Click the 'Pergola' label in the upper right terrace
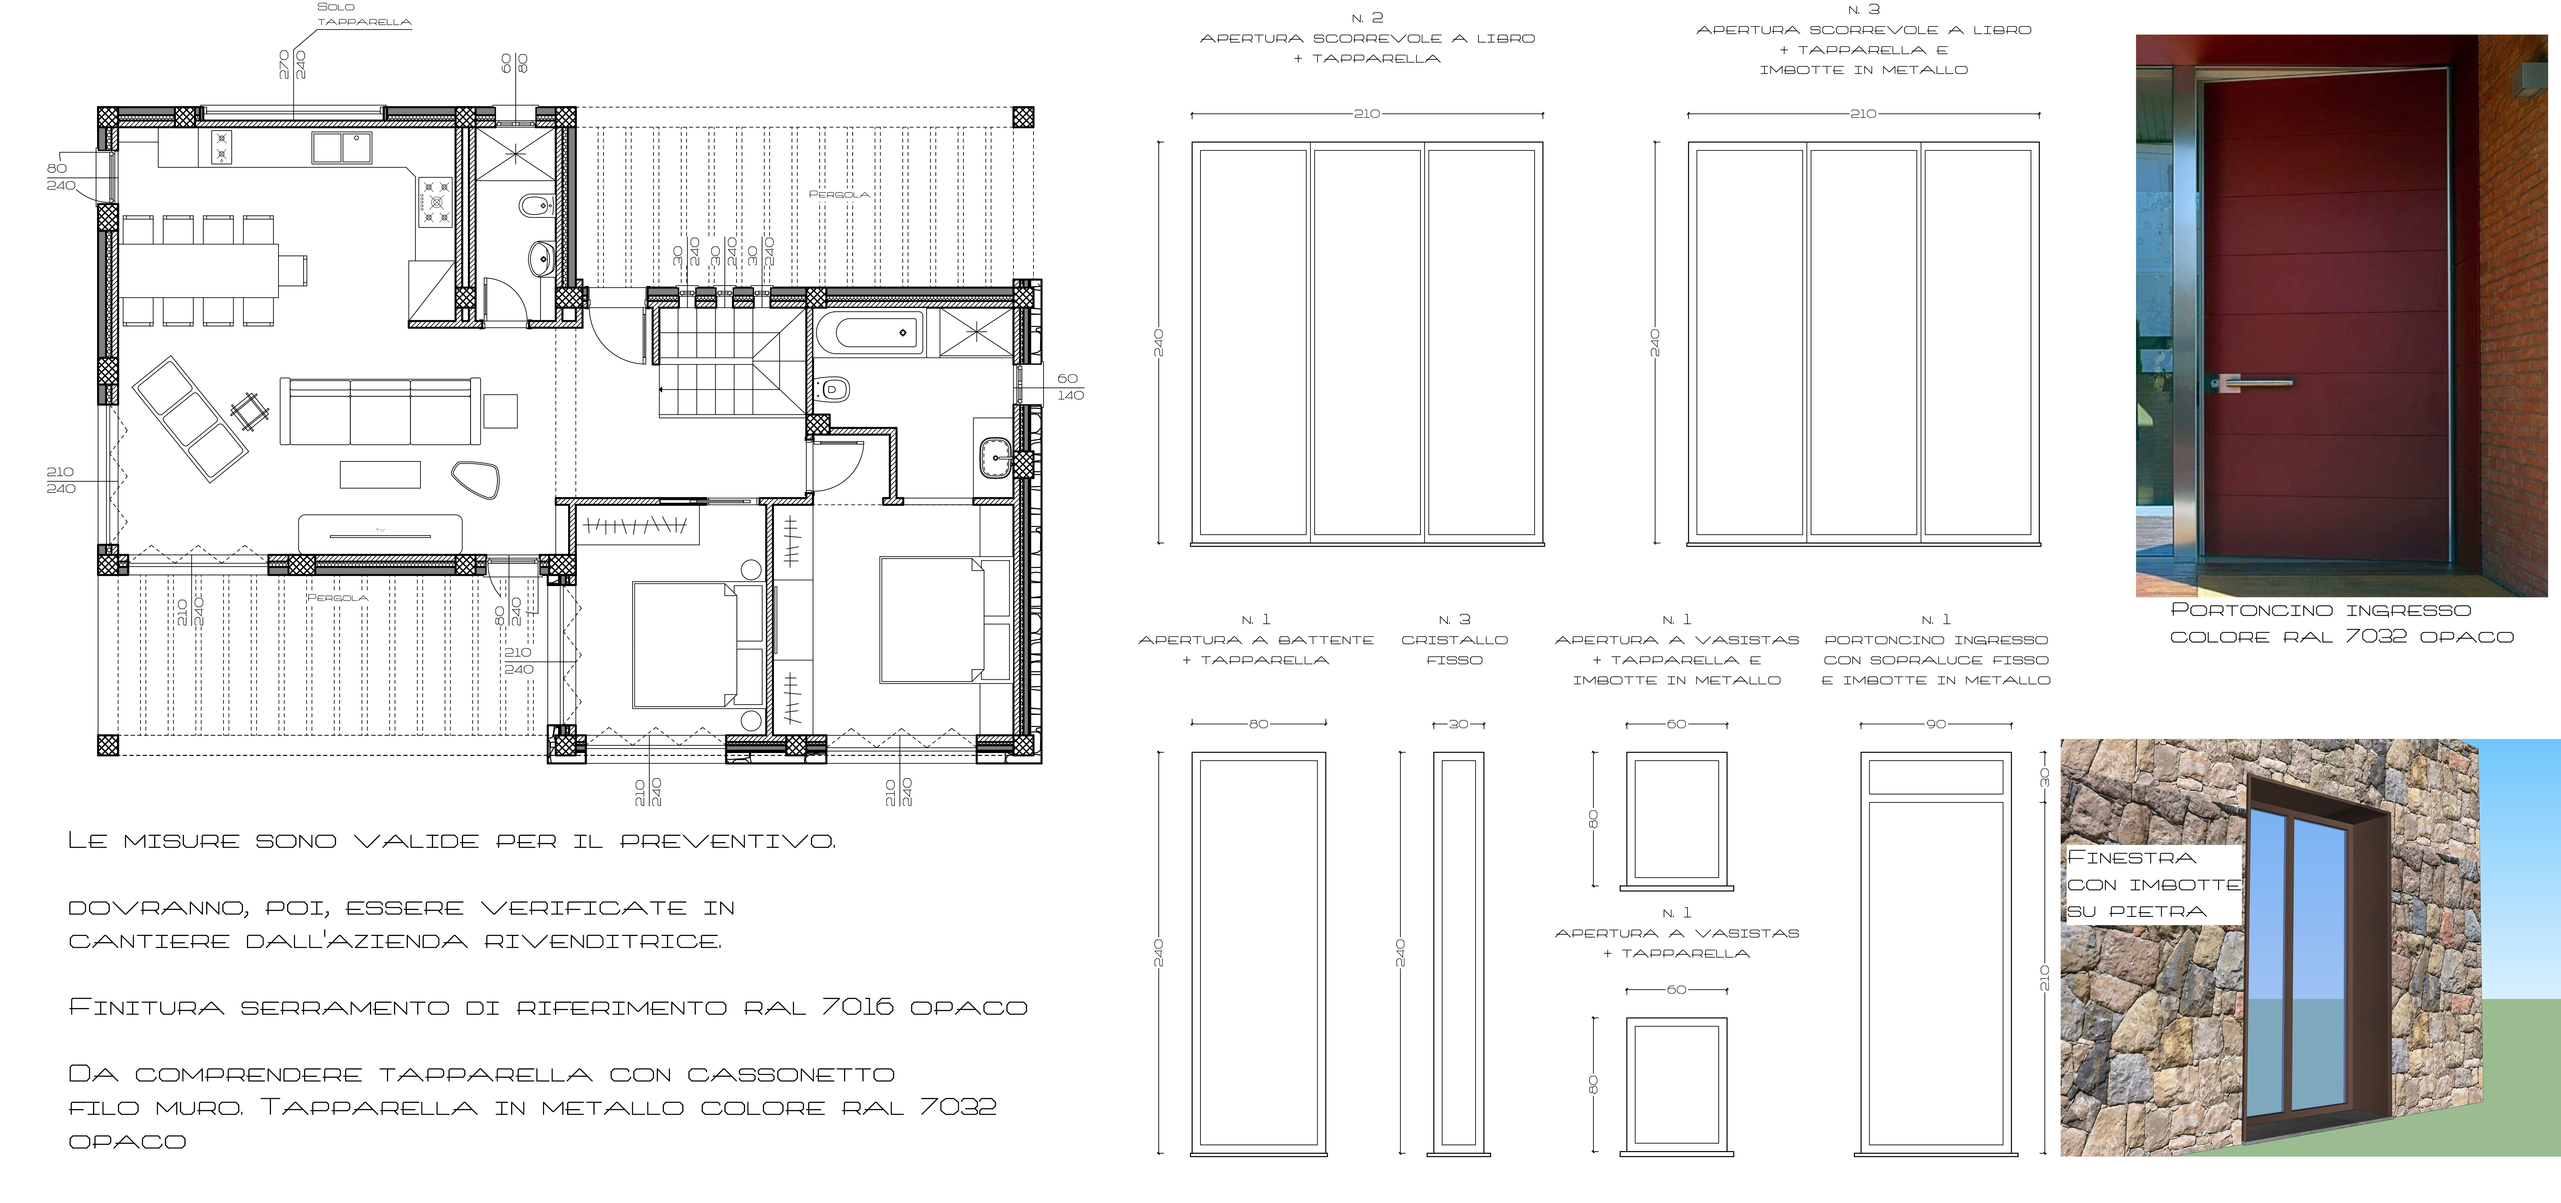839,195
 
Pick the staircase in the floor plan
731,363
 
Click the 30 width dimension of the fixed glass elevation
1458,724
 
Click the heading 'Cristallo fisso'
1454,649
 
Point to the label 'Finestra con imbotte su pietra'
2153,884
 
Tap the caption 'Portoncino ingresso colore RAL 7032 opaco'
2341,623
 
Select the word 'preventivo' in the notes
728,841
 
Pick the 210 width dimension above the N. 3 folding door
1863,114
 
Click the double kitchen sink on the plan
341,147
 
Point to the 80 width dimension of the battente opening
1259,724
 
